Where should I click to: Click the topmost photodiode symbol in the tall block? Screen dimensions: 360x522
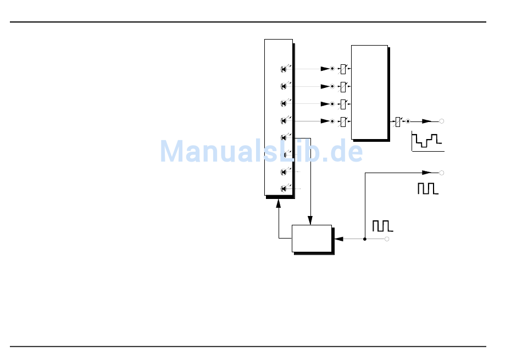pyautogui.click(x=284, y=69)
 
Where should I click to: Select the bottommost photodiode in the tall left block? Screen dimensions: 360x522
pyautogui.click(x=284, y=189)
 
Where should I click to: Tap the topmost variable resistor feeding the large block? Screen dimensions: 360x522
pyautogui.click(x=343, y=69)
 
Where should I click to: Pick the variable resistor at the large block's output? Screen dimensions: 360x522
pyautogui.click(x=398, y=121)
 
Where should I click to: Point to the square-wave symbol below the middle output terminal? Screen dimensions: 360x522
pyautogui.click(x=427, y=189)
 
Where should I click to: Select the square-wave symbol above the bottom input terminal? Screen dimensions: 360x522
pyautogui.click(x=382, y=225)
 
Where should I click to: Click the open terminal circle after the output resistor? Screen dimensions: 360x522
pyautogui.click(x=441, y=121)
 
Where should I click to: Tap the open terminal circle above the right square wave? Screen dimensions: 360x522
pyautogui.click(x=441, y=173)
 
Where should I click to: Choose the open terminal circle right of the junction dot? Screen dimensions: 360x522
pyautogui.click(x=387, y=239)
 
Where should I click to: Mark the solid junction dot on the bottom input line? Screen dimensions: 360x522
pyautogui.click(x=365, y=239)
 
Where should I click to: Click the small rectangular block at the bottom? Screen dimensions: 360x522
pyautogui.click(x=312, y=239)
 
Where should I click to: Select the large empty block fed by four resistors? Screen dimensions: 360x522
pyautogui.click(x=369, y=92)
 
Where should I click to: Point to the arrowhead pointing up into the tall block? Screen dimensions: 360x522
pyautogui.click(x=279, y=202)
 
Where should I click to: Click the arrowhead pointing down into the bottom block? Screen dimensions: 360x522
pyautogui.click(x=310, y=220)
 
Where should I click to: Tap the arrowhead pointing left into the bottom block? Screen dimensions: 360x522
pyautogui.click(x=338, y=239)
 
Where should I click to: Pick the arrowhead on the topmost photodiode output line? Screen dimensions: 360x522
pyautogui.click(x=324, y=69)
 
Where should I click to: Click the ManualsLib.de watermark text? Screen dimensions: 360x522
pyautogui.click(x=261, y=151)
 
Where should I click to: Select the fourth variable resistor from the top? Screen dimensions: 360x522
pyautogui.click(x=343, y=121)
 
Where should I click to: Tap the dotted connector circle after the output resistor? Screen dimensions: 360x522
pyautogui.click(x=408, y=121)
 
